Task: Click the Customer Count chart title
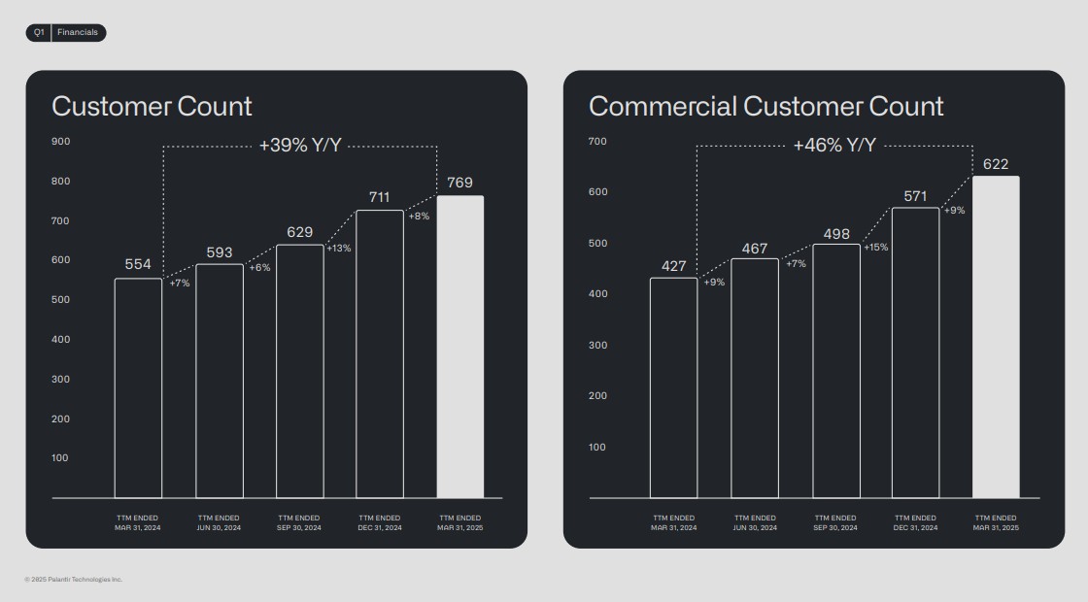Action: (x=152, y=107)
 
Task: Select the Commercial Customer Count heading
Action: (x=765, y=107)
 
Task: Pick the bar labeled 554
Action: (x=138, y=388)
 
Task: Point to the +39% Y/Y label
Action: (x=299, y=146)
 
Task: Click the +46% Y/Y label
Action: (x=834, y=146)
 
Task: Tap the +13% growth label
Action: (x=339, y=249)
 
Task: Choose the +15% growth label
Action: (x=875, y=248)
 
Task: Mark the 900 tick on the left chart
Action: (x=61, y=142)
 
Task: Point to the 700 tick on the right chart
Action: (x=597, y=142)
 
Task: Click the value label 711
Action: (x=379, y=197)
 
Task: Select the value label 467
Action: (x=755, y=249)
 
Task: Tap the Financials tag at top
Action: (x=78, y=33)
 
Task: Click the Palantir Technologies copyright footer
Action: (x=74, y=580)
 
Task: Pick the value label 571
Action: (x=915, y=196)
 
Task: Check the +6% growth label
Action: (x=259, y=268)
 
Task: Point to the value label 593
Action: (x=220, y=253)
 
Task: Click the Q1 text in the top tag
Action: (x=39, y=33)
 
